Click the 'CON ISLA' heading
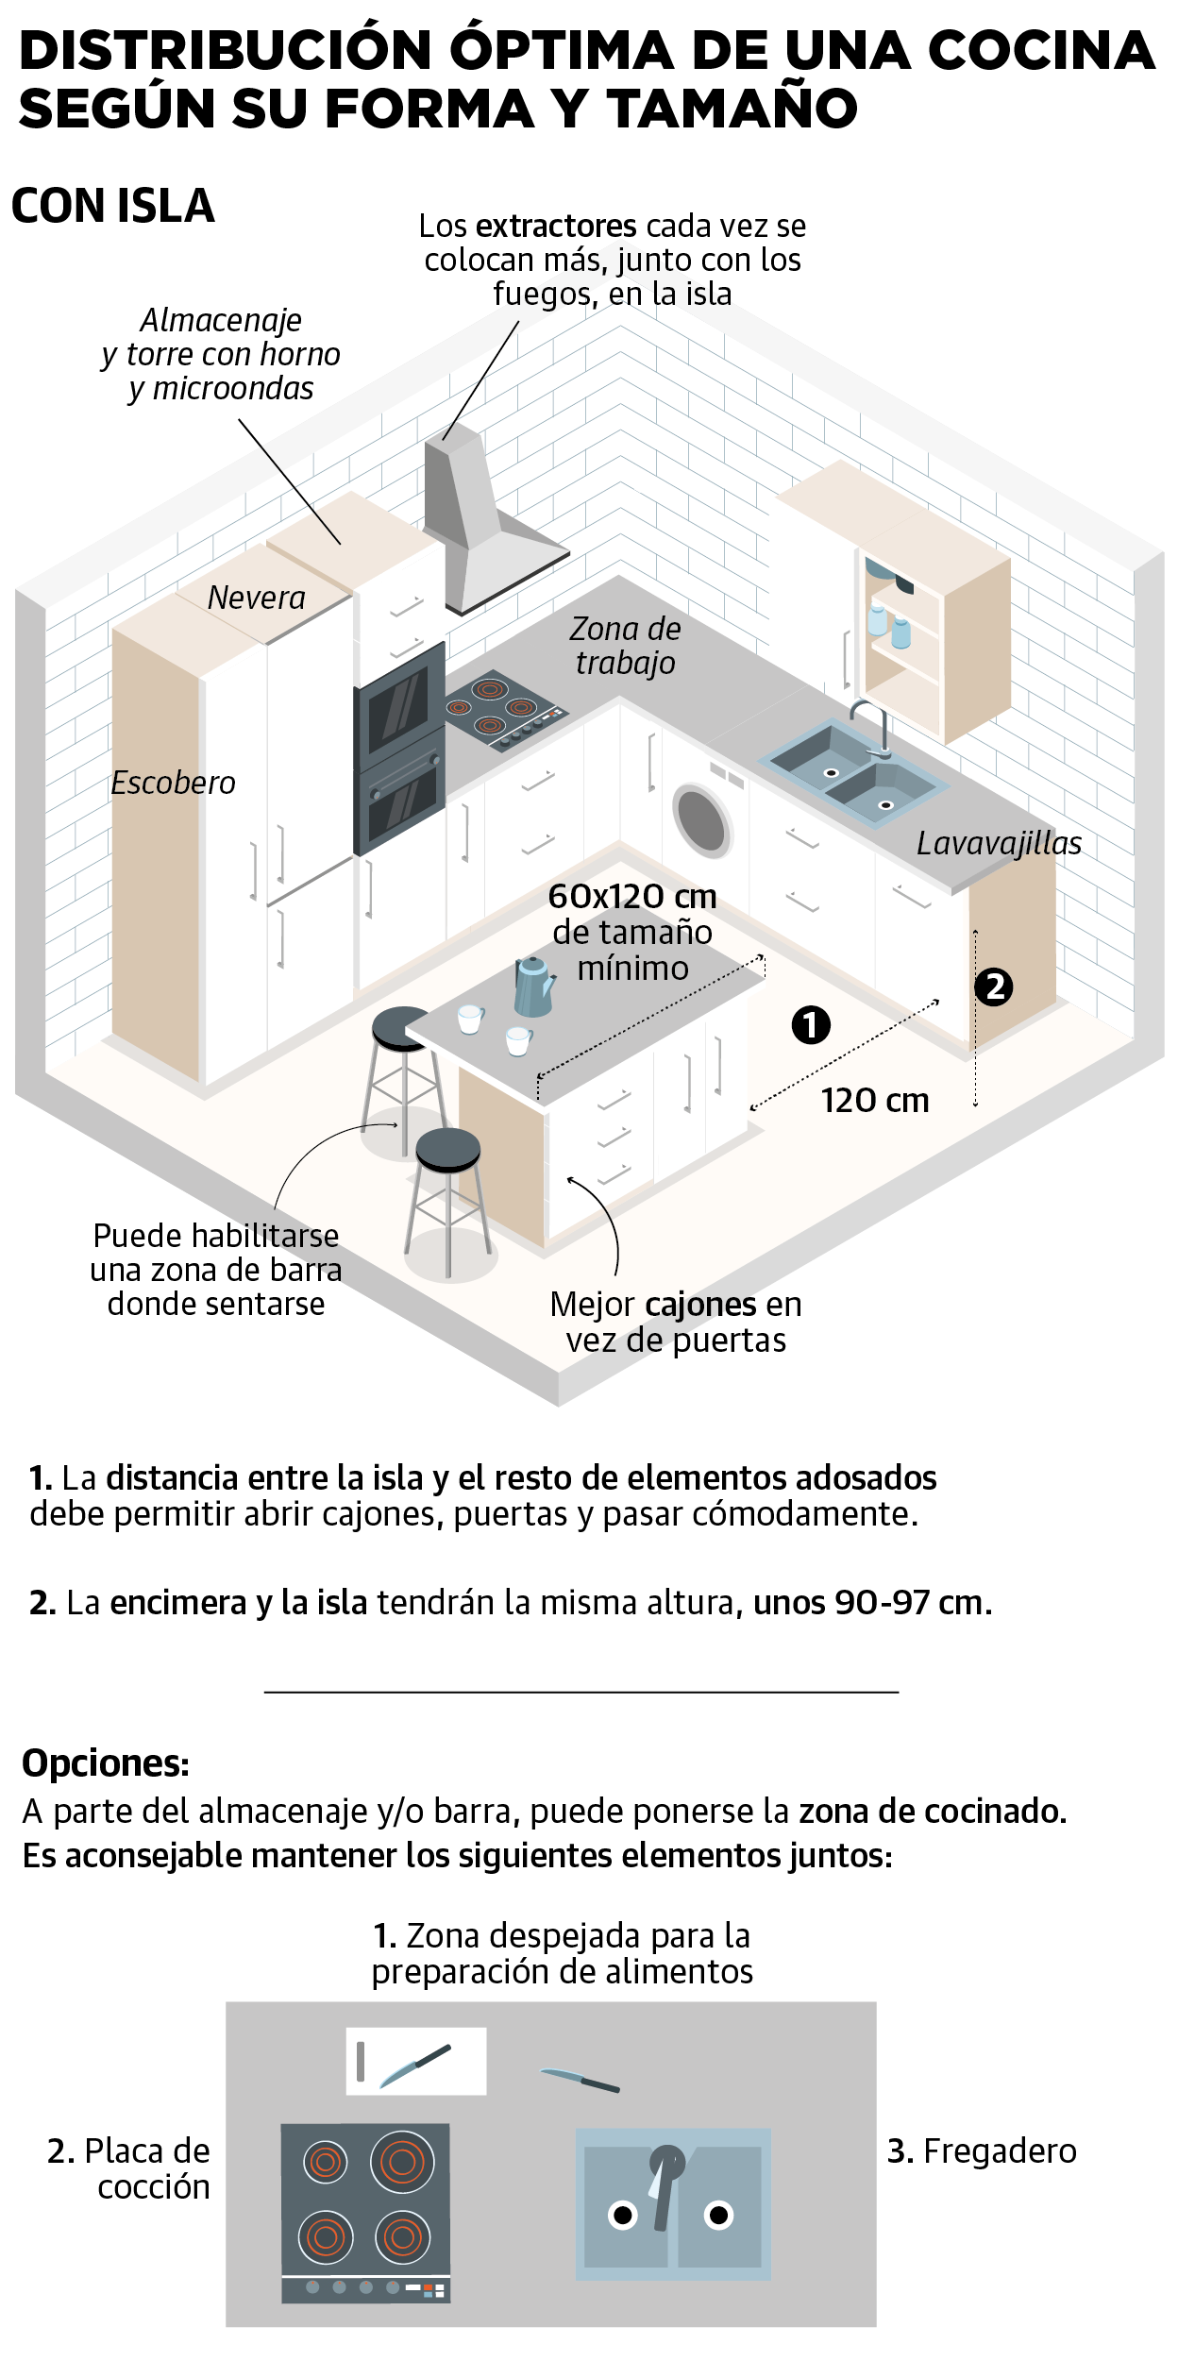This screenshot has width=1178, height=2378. pyautogui.click(x=113, y=206)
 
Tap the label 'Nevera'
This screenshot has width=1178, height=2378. pyautogui.click(x=256, y=598)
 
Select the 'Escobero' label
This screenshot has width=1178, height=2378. pyautogui.click(x=173, y=783)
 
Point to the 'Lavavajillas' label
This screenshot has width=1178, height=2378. pyautogui.click(x=999, y=843)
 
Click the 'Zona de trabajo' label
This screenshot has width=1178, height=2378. pyautogui.click(x=625, y=646)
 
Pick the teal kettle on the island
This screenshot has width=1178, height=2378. pyautogui.click(x=533, y=987)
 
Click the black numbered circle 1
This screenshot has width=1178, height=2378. pyautogui.click(x=811, y=1025)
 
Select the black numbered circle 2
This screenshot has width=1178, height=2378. pyautogui.click(x=994, y=987)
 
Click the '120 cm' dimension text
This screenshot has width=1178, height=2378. pyautogui.click(x=875, y=1101)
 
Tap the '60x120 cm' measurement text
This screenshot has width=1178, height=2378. pyautogui.click(x=632, y=896)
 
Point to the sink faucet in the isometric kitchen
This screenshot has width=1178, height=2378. pyautogui.click(x=876, y=727)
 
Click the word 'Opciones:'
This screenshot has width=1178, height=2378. pyautogui.click(x=106, y=1763)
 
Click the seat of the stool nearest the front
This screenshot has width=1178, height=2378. pyautogui.click(x=447, y=1147)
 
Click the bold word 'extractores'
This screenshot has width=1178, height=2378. pyautogui.click(x=556, y=227)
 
